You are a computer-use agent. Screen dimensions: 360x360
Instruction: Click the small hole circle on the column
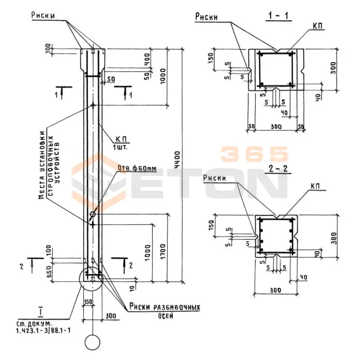pos(93,214)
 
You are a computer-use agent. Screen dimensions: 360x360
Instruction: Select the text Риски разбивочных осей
pos(163,310)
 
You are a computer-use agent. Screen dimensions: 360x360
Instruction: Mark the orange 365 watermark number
pos(254,154)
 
